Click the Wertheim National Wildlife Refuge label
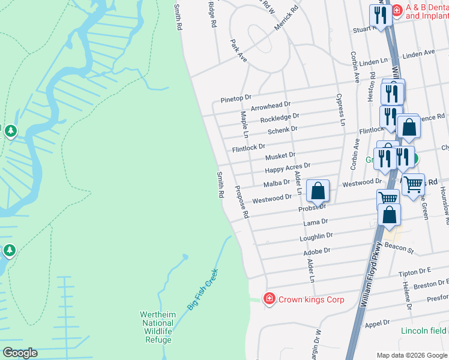(x=156, y=327)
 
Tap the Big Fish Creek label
(x=202, y=289)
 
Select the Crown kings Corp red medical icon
(x=270, y=298)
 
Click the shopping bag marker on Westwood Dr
(x=318, y=191)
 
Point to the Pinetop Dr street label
(x=235, y=97)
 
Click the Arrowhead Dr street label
(x=270, y=106)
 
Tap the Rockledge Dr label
(x=279, y=118)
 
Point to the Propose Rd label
(x=241, y=201)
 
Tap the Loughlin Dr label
(x=316, y=237)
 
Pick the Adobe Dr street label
(x=318, y=252)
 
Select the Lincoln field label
(x=424, y=331)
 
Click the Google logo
(x=20, y=353)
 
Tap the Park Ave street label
(x=239, y=51)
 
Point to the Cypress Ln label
(x=340, y=109)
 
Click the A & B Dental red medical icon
(x=396, y=10)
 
